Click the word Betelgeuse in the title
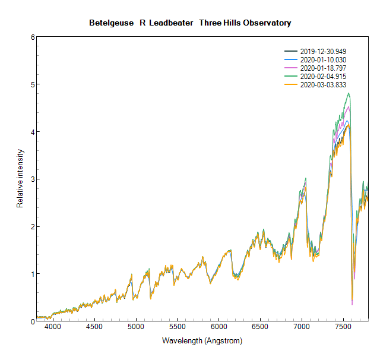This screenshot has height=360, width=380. tap(112, 23)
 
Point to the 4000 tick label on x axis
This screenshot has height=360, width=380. tap(53, 327)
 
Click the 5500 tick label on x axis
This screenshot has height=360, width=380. tap(178, 327)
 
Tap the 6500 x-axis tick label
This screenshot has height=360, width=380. tap(260, 327)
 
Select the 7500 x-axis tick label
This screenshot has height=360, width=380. tap(343, 327)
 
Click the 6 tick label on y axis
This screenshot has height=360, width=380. tap(33, 37)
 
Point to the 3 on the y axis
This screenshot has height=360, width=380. tap(33, 179)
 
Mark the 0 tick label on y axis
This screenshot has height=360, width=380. tap(33, 321)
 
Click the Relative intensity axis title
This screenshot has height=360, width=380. tap(20, 179)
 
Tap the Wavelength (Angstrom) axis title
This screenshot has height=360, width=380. tap(202, 342)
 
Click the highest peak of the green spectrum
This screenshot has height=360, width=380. tap(349, 93)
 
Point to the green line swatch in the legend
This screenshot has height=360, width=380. tap(291, 77)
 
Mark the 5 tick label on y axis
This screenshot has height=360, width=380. tap(33, 84)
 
